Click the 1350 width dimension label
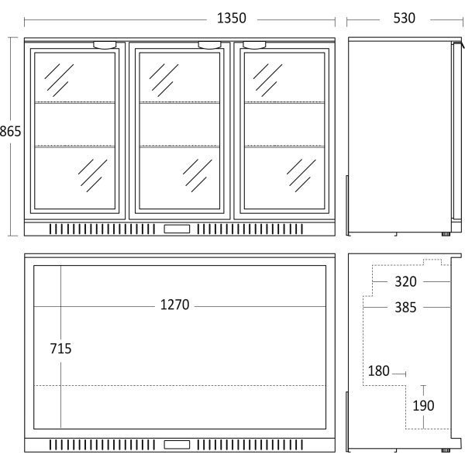[232, 18]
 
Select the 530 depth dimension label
[405, 18]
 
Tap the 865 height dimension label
[10, 132]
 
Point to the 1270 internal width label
[174, 305]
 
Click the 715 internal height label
[60, 349]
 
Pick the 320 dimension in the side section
[405, 281]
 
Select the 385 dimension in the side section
[405, 307]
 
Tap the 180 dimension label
[379, 370]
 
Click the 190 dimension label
[423, 405]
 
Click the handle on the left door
[105, 45]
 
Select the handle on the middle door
[210, 45]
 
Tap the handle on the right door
[254, 45]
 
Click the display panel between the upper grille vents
[177, 229]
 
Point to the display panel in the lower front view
[177, 445]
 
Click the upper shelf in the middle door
[180, 102]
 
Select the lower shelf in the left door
[74, 146]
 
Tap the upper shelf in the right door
[284, 102]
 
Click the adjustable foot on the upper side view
[446, 234]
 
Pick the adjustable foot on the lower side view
[446, 450]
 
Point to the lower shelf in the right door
[284, 146]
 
